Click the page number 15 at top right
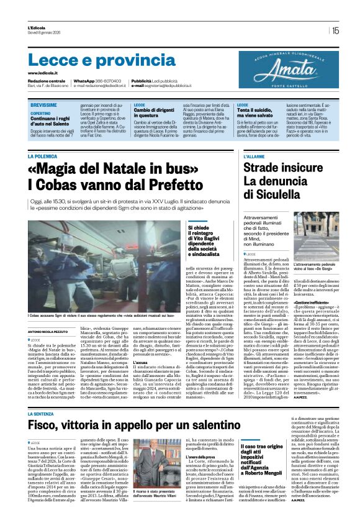(x=335, y=30)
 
